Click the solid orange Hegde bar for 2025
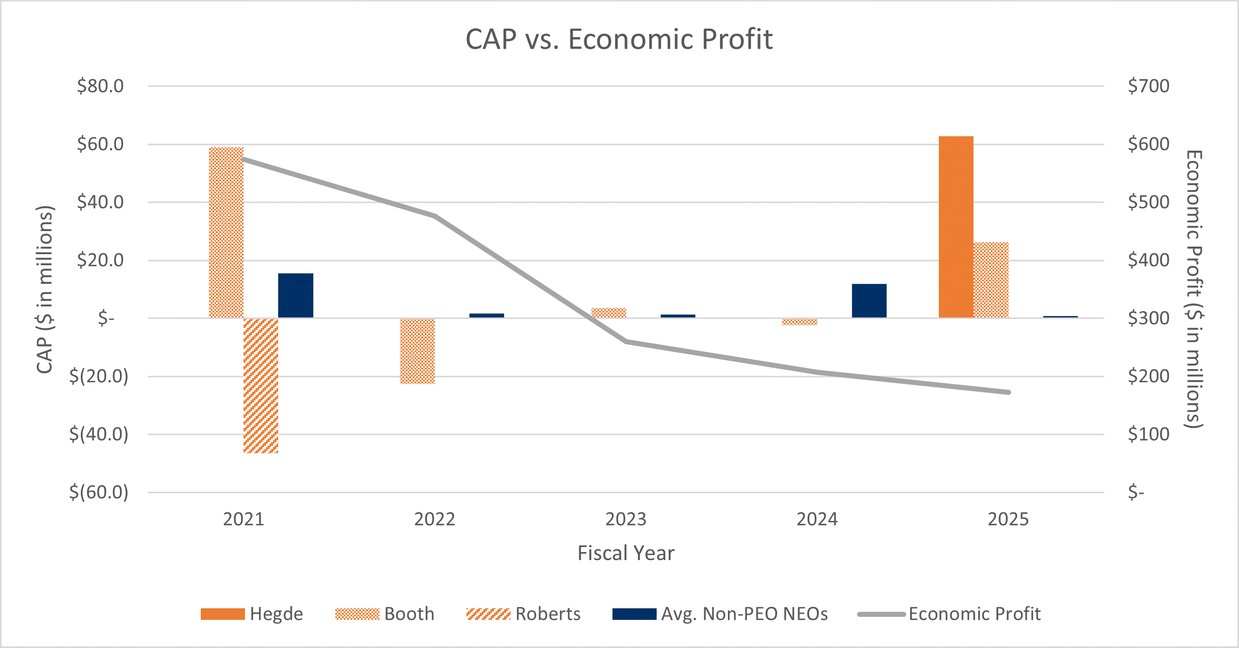(956, 227)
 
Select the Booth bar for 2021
(226, 232)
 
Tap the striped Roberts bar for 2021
(261, 386)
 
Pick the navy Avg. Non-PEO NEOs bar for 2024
(869, 301)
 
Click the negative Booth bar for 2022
(417, 351)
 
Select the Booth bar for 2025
(990, 280)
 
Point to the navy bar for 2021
(296, 295)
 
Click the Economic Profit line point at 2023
(626, 342)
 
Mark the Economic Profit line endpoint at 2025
(1008, 392)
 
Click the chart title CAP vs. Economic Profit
(619, 39)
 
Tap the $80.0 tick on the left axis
(100, 86)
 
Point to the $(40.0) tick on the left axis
(99, 434)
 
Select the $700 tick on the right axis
(1148, 86)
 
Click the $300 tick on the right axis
(1148, 318)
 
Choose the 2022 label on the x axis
(434, 519)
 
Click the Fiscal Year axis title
(626, 553)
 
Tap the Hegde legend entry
(252, 614)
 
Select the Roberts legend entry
(523, 614)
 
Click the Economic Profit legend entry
(949, 614)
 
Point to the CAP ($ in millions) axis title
(45, 289)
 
